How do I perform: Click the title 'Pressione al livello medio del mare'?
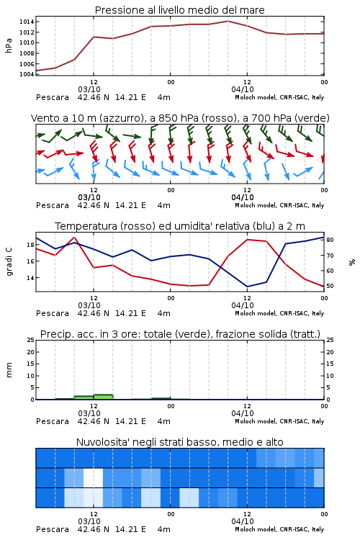pos(179,10)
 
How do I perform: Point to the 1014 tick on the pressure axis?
pos(27,22)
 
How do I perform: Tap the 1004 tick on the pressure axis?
pos(27,74)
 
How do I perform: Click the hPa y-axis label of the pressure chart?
pos(9,45)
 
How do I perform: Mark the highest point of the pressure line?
pos(228,21)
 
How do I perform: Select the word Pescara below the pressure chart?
pos(53,97)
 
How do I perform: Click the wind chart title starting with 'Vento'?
pos(180,118)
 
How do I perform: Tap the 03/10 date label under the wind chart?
pos(89,197)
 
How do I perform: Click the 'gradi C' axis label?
pos(9,262)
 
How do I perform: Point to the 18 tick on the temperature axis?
pos(30,245)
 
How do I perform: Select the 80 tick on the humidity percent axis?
pos(330,240)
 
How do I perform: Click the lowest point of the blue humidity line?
pos(247,287)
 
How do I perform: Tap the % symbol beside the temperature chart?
pos(352,262)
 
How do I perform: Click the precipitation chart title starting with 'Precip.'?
pos(180,334)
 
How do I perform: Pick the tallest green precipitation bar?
pos(104,397)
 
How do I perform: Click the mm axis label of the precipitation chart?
pos(9,370)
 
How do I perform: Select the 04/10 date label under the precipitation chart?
pos(243,413)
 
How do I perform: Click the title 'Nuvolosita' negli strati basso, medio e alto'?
pos(179,442)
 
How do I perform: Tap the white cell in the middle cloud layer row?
pos(93,477)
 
